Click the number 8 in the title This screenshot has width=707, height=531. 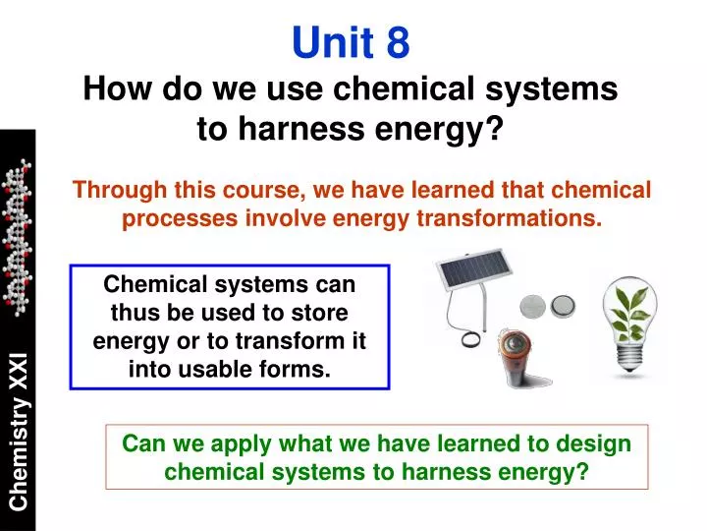(x=398, y=42)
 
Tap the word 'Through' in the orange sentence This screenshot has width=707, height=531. (x=113, y=190)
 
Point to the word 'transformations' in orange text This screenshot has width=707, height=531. (x=519, y=218)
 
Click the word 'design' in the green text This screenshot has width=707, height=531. (x=596, y=443)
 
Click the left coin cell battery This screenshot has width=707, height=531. (x=533, y=305)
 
